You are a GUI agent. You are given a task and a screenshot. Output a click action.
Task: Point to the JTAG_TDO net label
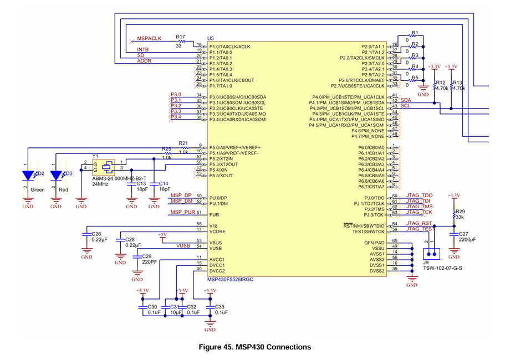coord(419,196)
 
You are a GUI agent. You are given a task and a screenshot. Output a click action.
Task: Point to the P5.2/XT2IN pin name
coord(225,158)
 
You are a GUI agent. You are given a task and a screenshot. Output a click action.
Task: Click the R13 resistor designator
coord(458,82)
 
